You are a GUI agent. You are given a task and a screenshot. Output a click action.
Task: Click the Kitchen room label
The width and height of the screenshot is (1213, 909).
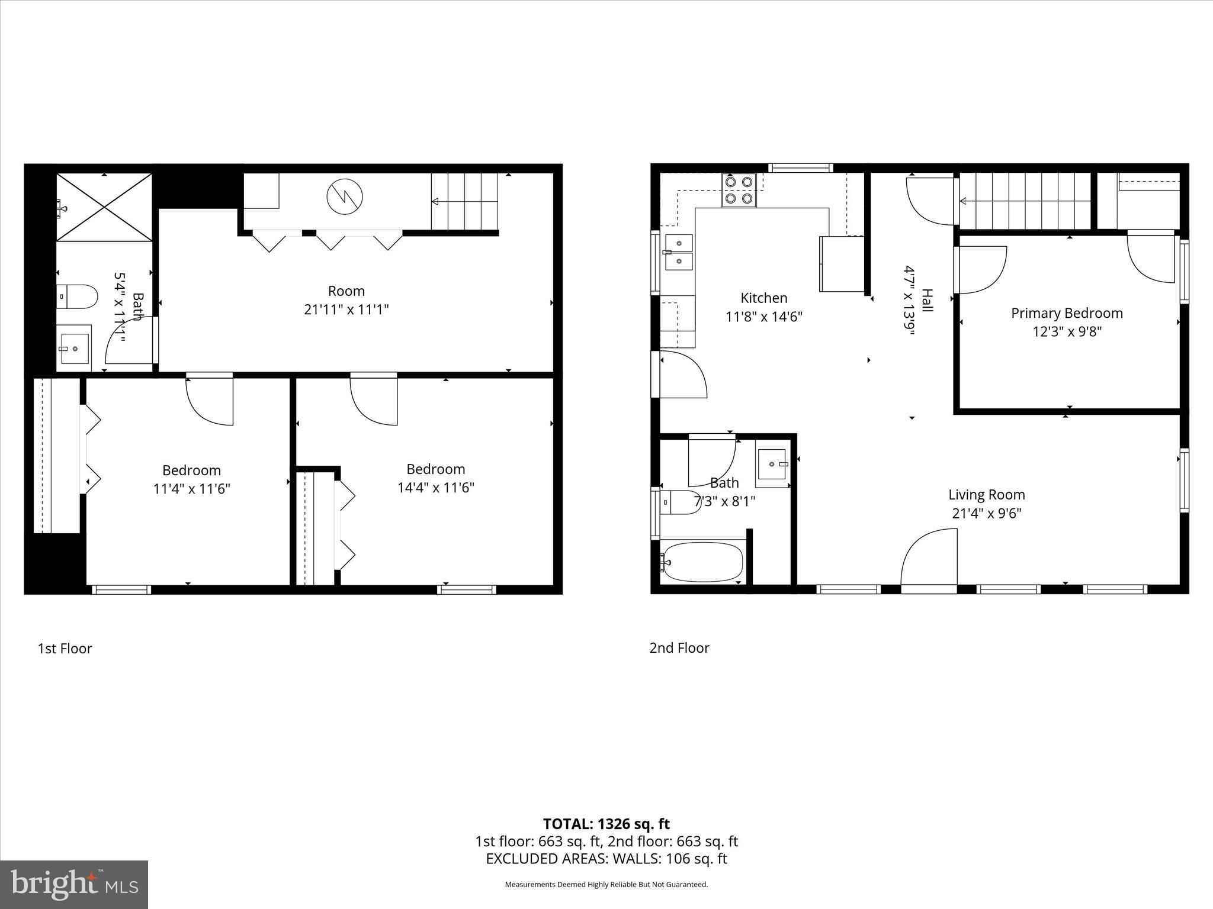(763, 298)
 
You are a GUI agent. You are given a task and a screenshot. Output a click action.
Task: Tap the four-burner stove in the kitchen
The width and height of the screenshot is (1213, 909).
(739, 190)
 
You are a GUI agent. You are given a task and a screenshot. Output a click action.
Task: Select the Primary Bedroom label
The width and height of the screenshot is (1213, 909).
(1066, 313)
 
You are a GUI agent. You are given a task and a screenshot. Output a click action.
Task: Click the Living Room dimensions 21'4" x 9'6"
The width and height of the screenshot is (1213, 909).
(986, 513)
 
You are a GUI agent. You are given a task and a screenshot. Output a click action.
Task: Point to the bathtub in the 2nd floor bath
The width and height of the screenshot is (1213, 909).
(703, 562)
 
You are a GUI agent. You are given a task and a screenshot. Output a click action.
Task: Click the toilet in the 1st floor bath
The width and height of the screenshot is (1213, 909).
(78, 296)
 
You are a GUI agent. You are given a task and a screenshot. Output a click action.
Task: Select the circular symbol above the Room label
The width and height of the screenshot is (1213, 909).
(345, 196)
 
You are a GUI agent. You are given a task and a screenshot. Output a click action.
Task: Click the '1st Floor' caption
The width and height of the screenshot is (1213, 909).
(65, 649)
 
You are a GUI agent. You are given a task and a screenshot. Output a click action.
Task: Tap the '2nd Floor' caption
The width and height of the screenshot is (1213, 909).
(679, 648)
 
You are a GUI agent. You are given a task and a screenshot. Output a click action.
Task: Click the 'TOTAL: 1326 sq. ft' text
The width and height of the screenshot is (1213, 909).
(606, 824)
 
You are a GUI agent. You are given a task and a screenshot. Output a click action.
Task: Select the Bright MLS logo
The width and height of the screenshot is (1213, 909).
(74, 884)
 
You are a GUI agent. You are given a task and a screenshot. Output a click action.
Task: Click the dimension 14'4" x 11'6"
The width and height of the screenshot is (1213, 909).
(435, 488)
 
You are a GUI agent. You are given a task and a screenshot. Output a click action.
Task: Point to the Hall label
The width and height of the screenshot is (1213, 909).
(927, 301)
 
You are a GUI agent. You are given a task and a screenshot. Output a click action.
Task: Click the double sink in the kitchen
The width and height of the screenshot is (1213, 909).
(679, 252)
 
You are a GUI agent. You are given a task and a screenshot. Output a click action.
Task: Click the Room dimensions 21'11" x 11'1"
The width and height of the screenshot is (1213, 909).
(346, 310)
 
